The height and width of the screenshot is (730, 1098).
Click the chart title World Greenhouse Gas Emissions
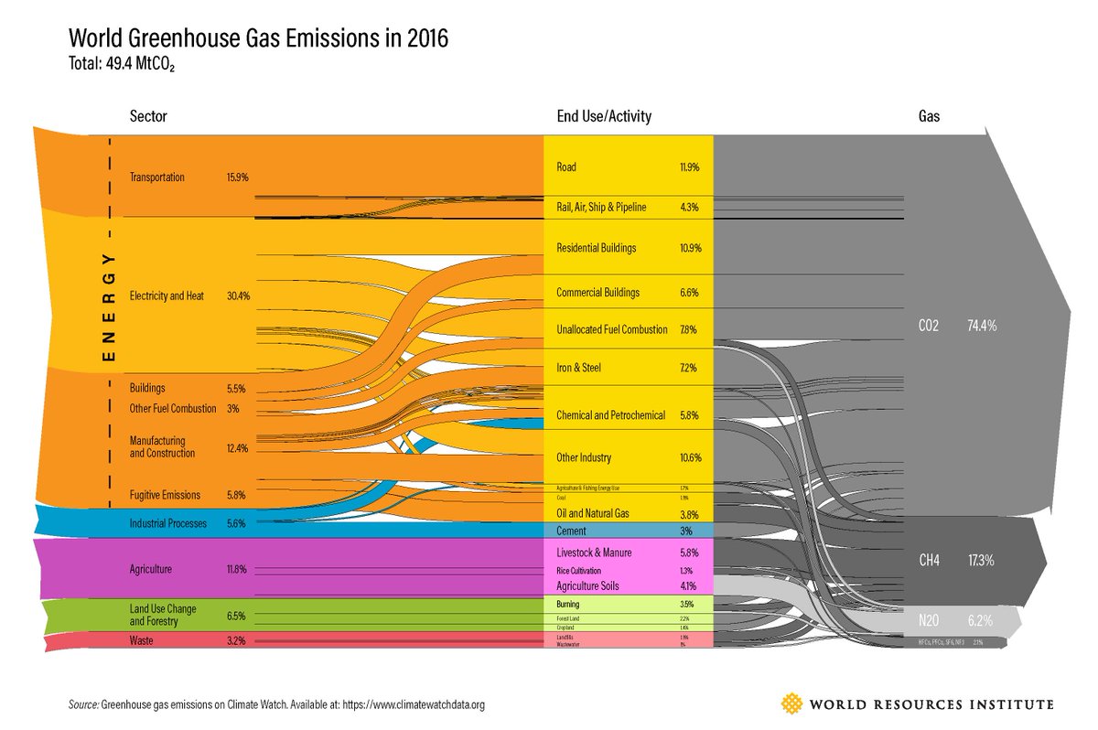click(258, 39)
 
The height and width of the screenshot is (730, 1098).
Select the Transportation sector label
click(157, 177)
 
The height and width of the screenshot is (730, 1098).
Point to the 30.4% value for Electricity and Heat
click(238, 295)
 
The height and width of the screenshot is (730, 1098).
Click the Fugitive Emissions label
click(165, 495)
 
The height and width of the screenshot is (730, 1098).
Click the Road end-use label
click(566, 167)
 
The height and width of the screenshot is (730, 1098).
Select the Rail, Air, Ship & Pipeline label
click(601, 208)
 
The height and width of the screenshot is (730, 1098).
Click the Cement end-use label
click(572, 531)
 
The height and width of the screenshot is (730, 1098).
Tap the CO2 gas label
click(929, 325)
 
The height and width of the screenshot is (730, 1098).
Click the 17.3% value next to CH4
click(981, 559)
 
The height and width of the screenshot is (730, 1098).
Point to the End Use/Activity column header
click(604, 117)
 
